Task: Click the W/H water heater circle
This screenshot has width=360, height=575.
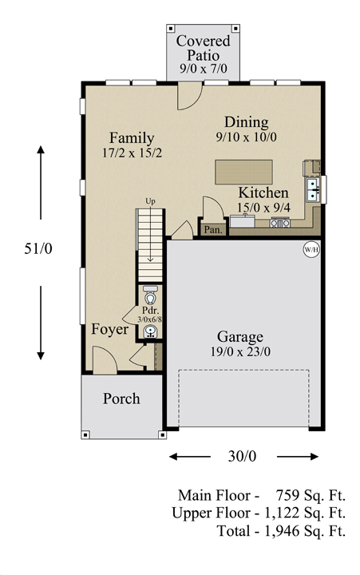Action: click(311, 250)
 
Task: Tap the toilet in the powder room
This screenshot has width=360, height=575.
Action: click(149, 295)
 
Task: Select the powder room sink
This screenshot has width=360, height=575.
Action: click(150, 331)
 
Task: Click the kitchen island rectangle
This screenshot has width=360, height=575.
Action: click(243, 172)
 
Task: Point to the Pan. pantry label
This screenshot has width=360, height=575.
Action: click(213, 230)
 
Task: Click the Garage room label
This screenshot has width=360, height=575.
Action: click(239, 336)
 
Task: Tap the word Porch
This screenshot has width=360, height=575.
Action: click(121, 399)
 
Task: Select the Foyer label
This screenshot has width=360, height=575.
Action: click(110, 329)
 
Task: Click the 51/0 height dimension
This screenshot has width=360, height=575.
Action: click(38, 248)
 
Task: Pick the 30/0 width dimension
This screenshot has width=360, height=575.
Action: click(243, 456)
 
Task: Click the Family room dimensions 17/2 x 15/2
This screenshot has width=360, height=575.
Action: click(132, 153)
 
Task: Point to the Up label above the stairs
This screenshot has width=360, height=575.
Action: click(150, 201)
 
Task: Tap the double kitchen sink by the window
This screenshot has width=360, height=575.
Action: click(313, 189)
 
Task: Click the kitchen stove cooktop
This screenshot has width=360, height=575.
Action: click(280, 222)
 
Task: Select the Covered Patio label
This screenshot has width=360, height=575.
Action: click(203, 48)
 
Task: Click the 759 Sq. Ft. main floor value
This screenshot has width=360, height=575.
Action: click(311, 495)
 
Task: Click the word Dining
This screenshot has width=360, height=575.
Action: click(247, 122)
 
